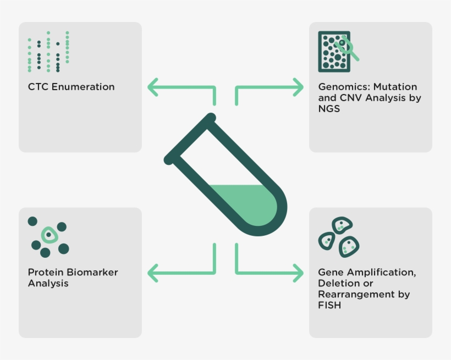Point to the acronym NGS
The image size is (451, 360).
tap(329, 109)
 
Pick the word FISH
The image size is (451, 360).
tap(329, 305)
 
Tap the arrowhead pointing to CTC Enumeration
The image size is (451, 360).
tap(152, 87)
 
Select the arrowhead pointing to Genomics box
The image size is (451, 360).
tap(298, 87)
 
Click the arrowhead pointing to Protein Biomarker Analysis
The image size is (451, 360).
tap(152, 273)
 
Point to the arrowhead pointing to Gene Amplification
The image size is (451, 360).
tap(298, 273)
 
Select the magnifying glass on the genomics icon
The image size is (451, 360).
tap(348, 47)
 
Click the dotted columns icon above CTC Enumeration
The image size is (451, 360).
tap(48, 52)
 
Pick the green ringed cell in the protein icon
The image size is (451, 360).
tap(49, 235)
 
